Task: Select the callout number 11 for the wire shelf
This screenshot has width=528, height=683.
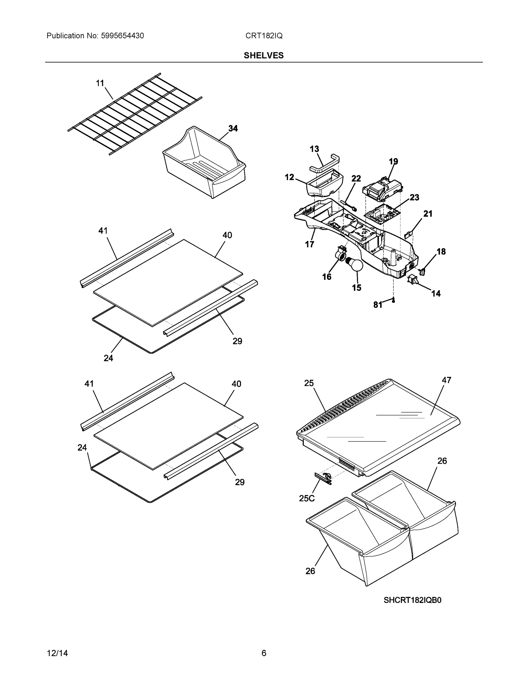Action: pyautogui.click(x=100, y=83)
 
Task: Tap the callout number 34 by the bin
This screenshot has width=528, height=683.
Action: pyautogui.click(x=233, y=129)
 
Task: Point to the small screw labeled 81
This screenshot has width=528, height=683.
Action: pyautogui.click(x=393, y=301)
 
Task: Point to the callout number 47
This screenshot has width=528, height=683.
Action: pyautogui.click(x=446, y=380)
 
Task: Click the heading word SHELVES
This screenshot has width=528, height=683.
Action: pyautogui.click(x=264, y=55)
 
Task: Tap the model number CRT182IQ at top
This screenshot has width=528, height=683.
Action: pyautogui.click(x=264, y=36)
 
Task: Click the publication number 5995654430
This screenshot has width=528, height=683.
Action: pyautogui.click(x=122, y=36)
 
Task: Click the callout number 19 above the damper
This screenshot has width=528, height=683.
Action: pyautogui.click(x=393, y=161)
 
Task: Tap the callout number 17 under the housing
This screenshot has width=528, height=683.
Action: pyautogui.click(x=309, y=244)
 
